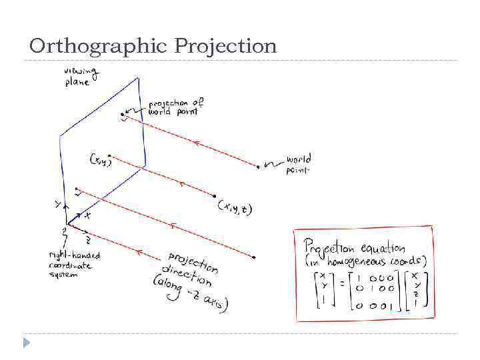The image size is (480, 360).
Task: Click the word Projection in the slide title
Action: click(225, 46)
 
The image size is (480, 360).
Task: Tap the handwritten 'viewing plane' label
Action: click(81, 77)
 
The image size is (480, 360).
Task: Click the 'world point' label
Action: click(298, 165)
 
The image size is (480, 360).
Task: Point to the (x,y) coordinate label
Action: click(101, 160)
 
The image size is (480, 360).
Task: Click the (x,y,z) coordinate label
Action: click(235, 208)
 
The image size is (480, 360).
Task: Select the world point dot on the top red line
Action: click(257, 167)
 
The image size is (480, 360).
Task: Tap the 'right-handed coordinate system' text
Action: click(73, 265)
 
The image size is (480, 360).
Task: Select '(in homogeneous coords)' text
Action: click(365, 262)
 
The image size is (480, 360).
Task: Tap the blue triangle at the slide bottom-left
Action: click(27, 343)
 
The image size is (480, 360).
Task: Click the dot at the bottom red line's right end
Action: click(254, 257)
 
